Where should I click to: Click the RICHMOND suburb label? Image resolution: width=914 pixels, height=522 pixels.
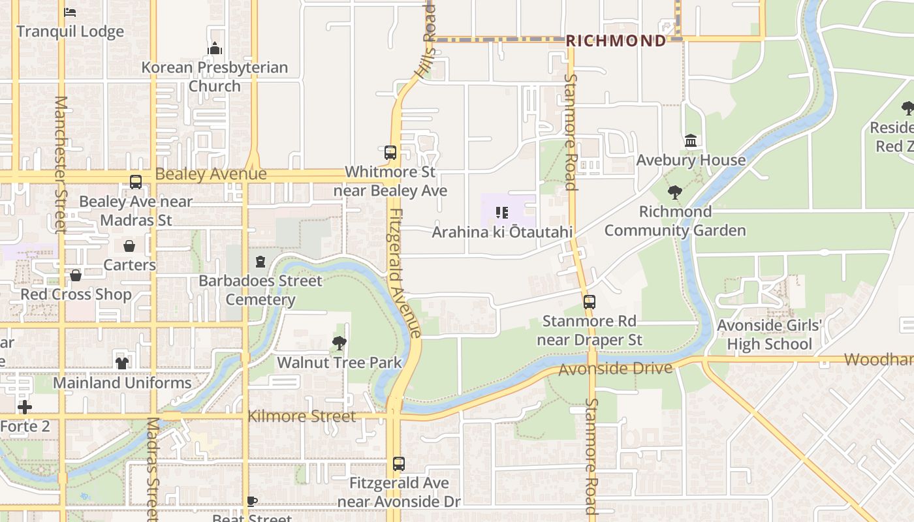(616, 40)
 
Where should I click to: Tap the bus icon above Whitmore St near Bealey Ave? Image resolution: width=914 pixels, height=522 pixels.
(390, 153)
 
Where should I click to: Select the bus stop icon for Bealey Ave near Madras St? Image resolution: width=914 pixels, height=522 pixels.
(136, 182)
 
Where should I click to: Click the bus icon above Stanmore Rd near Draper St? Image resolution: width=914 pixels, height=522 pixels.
(590, 302)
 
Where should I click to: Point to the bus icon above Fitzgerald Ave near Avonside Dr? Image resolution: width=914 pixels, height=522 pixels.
(399, 464)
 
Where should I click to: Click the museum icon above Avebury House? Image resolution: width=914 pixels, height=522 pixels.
(691, 141)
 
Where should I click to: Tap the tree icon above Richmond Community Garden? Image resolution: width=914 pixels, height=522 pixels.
(675, 192)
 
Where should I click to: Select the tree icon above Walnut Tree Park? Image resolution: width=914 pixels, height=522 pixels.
(339, 343)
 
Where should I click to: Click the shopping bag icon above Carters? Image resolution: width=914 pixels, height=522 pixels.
(129, 246)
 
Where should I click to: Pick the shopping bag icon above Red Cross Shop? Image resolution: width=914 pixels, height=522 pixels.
(76, 275)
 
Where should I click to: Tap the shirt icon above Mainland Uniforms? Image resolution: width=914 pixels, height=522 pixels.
(122, 363)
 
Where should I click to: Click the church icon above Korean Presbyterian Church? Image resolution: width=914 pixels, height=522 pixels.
(215, 48)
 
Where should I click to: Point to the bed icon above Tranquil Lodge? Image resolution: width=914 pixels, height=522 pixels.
(70, 12)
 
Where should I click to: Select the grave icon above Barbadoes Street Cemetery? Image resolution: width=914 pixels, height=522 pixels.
(260, 262)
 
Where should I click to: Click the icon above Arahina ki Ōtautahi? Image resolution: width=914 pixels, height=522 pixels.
(502, 213)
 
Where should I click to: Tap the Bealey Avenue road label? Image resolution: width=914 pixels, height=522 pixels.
(211, 174)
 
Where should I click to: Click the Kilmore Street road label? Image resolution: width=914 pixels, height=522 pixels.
(302, 416)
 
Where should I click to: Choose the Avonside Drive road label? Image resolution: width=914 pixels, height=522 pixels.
(615, 369)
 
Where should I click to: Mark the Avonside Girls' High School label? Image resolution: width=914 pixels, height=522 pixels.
(769, 335)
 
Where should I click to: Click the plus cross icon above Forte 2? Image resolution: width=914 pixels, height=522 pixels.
(25, 408)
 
